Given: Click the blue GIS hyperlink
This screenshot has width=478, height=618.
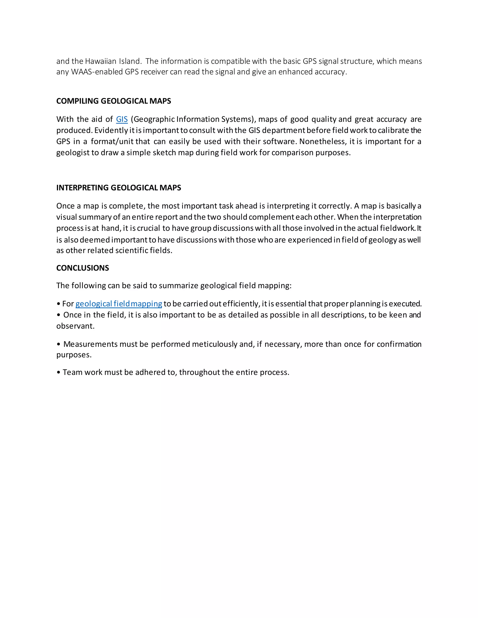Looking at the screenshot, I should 122,119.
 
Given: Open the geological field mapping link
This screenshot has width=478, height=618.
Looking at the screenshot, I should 119,304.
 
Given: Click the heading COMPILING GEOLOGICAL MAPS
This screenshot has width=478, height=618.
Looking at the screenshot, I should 114,101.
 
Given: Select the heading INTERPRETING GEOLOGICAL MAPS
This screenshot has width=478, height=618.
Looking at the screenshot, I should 119,187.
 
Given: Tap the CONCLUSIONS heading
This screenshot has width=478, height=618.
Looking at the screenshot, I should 82,268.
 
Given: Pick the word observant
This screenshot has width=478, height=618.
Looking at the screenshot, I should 75,326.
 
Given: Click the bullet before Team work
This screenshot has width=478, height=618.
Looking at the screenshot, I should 59,372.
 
